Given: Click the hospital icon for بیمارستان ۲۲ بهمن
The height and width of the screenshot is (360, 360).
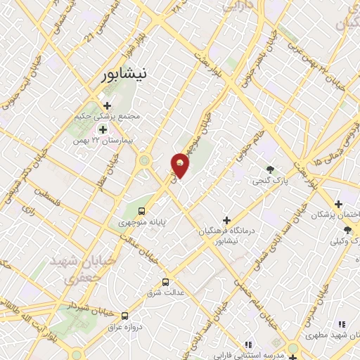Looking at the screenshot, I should pyautogui.click(x=103, y=129).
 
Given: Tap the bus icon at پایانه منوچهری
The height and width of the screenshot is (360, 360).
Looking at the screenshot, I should pyautogui.click(x=142, y=210).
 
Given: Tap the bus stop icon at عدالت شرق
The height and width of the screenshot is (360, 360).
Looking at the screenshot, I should pyautogui.click(x=166, y=281).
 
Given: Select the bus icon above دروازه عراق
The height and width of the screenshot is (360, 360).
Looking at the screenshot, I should pyautogui.click(x=124, y=316).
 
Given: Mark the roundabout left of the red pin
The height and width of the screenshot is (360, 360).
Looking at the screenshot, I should pyautogui.click(x=146, y=161).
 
